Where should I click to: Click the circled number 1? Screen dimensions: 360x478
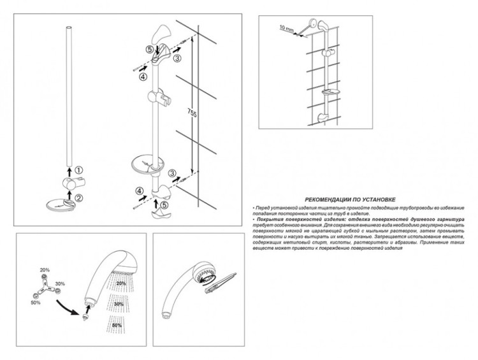[78, 170]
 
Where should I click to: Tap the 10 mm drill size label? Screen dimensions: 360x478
[287, 27]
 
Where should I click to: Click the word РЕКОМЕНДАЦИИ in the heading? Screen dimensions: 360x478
[330, 199]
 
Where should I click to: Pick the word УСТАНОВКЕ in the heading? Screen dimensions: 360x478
[375, 199]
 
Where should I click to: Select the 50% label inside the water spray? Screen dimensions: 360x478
[117, 326]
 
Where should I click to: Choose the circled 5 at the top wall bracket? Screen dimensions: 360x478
[150, 48]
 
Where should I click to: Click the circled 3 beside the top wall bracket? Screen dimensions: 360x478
[178, 58]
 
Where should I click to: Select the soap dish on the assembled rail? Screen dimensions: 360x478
[147, 165]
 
